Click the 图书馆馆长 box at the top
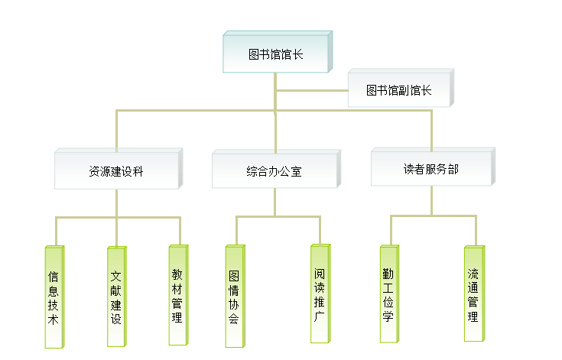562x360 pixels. click(277, 54)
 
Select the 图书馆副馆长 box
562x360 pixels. click(399, 90)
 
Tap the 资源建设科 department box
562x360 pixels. click(116, 171)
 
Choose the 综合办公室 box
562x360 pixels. click(274, 171)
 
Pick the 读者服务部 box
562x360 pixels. click(431, 169)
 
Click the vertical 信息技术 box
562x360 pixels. click(54, 297)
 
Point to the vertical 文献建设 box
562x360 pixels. click(115, 297)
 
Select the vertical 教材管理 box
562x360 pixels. click(177, 295)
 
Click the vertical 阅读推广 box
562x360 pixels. click(320, 294)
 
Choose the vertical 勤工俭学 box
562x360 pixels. click(388, 294)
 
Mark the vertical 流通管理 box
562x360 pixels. click(473, 294)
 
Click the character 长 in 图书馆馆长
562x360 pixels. click(299, 54)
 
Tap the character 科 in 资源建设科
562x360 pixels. click(138, 172)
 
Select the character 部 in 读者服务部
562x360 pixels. click(453, 169)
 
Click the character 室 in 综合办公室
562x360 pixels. click(297, 172)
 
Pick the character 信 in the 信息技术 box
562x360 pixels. click(54, 276)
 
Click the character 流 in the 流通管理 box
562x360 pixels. click(473, 273)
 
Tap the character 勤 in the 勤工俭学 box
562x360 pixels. click(388, 273)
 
